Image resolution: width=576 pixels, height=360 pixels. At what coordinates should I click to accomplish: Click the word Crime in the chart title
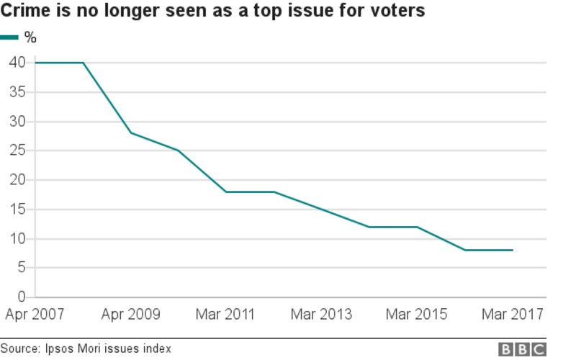click(24, 11)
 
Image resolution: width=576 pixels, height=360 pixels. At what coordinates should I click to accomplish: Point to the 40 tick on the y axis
click(17, 63)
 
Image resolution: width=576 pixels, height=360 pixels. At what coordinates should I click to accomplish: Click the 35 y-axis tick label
click(17, 92)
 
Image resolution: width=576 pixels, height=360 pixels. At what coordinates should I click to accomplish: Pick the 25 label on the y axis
click(17, 150)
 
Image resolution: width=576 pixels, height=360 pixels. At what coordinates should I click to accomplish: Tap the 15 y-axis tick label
click(17, 210)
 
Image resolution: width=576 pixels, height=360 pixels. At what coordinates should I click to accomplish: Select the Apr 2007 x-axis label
click(36, 315)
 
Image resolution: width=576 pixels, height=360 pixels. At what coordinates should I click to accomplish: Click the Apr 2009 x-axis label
click(131, 315)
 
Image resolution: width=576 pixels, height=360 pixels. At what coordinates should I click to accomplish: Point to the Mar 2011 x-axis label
click(226, 315)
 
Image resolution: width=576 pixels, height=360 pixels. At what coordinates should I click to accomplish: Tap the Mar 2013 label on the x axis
click(321, 315)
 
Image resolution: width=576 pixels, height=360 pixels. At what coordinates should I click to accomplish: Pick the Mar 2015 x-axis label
click(416, 315)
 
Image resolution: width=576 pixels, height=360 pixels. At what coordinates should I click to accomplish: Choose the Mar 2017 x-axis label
click(512, 315)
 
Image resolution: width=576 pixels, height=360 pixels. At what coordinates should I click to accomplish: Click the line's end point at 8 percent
click(513, 250)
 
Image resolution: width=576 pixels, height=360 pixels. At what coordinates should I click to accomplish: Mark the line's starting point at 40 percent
click(36, 63)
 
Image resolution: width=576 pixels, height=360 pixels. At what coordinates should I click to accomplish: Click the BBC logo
click(522, 349)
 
